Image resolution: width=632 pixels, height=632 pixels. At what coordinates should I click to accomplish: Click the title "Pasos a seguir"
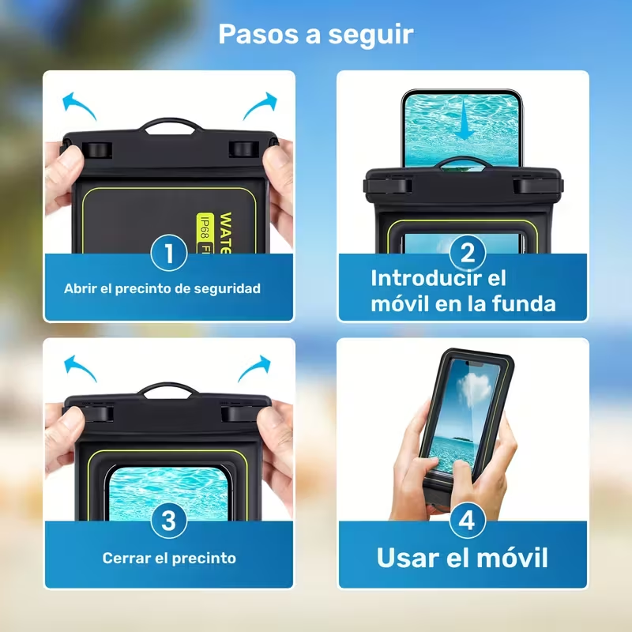pos(315,34)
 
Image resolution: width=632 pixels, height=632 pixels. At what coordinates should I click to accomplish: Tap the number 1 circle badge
pos(169,253)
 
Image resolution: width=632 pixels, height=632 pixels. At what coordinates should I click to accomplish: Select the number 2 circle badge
pos(467,253)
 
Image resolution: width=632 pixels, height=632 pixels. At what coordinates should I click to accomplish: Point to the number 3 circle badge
pos(169,520)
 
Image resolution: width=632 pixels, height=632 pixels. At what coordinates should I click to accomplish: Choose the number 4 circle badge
pos(467,520)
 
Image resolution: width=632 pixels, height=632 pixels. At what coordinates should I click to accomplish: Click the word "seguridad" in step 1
pos(228,288)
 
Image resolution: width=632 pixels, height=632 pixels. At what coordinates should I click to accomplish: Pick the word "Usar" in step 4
pos(408,558)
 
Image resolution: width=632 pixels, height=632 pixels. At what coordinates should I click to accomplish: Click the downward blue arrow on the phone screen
pos(463,120)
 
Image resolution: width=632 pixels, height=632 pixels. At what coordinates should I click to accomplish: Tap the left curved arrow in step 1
pos(78,106)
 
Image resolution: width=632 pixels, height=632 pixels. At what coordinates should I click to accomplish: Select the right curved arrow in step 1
pos(260,106)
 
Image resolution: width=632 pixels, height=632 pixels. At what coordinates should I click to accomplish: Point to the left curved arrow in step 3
pos(80,368)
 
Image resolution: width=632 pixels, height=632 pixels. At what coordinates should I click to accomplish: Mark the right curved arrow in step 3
pos(254,368)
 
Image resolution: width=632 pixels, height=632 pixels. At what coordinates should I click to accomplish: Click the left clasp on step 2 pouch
pos(388,186)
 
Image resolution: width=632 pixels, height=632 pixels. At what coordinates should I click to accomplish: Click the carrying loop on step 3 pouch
pos(167,386)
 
